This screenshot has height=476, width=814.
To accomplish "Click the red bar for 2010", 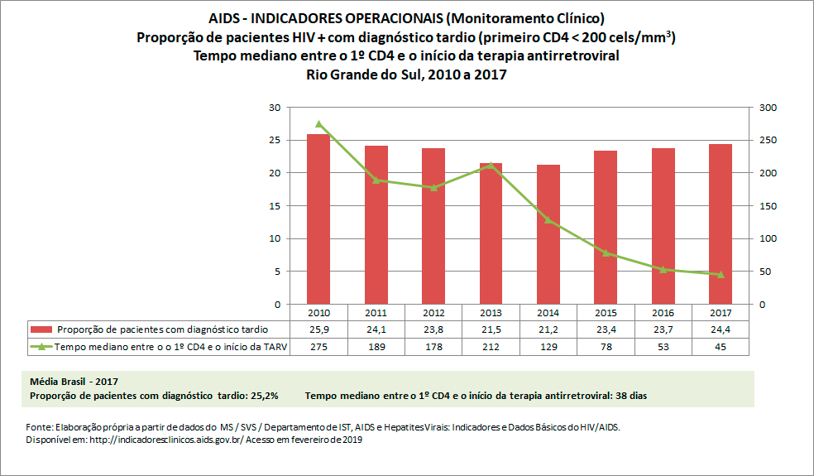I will pyautogui.click(x=318, y=219).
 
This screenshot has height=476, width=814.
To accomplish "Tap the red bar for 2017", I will pyautogui.click(x=721, y=224).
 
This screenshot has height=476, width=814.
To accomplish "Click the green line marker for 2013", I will pyautogui.click(x=491, y=165).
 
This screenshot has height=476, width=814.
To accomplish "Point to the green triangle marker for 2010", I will pyautogui.click(x=318, y=124).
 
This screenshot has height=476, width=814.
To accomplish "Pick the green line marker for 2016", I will pyautogui.click(x=663, y=269).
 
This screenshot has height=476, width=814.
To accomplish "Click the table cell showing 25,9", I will pyautogui.click(x=318, y=329).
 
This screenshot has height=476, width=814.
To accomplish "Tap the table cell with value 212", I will pyautogui.click(x=491, y=347).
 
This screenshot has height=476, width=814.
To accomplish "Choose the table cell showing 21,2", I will pyautogui.click(x=548, y=329).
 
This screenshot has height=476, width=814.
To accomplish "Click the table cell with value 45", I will pyautogui.click(x=721, y=347).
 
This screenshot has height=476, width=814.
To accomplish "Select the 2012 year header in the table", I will pyautogui.click(x=433, y=313).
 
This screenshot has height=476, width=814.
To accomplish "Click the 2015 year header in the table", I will pyautogui.click(x=606, y=313).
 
